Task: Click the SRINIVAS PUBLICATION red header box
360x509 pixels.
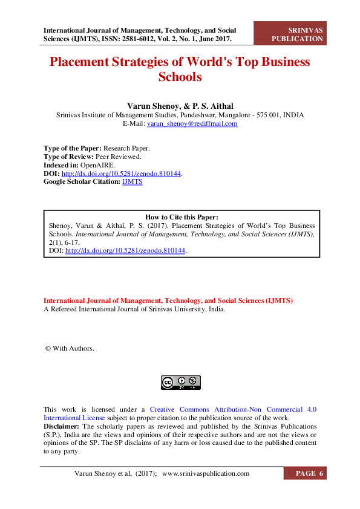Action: tap(297, 34)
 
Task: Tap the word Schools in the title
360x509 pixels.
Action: tap(180, 77)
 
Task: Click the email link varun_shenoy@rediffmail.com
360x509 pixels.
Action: tap(192, 123)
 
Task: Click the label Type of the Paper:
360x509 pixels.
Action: tap(73, 148)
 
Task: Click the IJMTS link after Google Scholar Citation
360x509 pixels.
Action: tap(133, 181)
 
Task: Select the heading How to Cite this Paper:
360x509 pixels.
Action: tap(182, 217)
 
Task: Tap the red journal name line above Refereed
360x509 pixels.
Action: tap(168, 300)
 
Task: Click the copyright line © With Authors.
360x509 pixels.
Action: tap(70, 348)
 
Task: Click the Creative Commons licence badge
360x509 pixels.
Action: tap(180, 382)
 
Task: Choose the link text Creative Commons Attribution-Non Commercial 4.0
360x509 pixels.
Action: tap(233, 409)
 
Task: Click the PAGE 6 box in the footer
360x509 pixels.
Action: tap(310, 473)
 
